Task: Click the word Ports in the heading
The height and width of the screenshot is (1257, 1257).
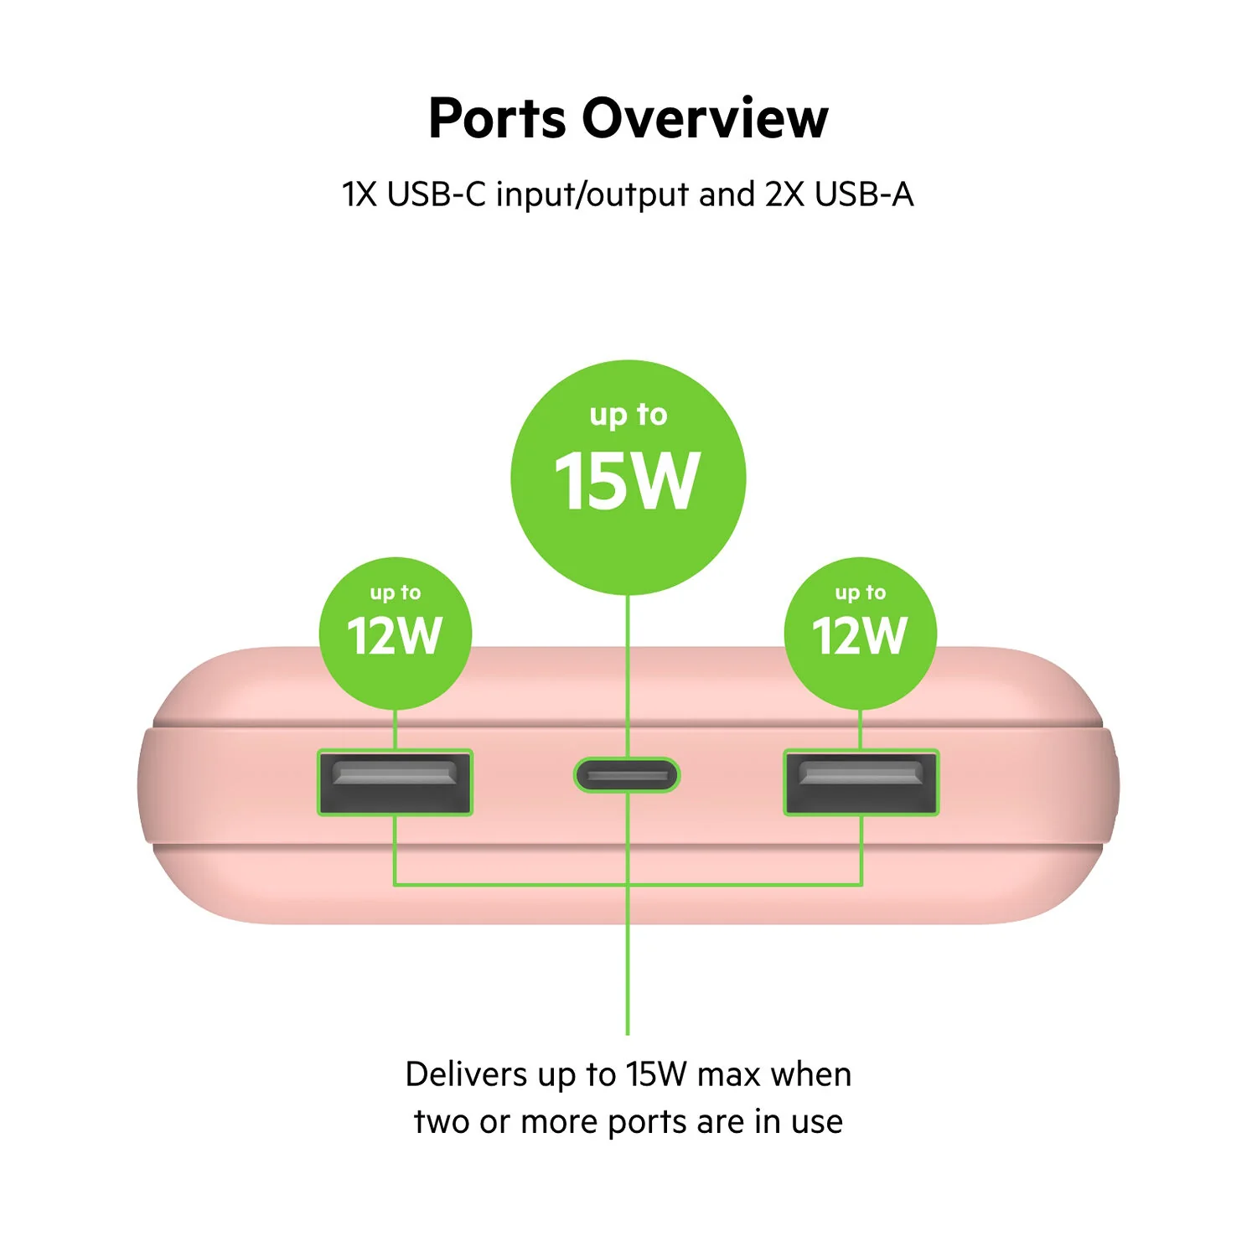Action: pos(497,118)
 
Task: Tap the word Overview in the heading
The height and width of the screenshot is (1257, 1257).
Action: pos(705,118)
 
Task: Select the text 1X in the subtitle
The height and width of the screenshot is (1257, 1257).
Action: pos(360,194)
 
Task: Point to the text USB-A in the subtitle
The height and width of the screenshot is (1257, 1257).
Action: pos(864,194)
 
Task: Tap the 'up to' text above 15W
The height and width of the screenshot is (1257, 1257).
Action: pos(628,415)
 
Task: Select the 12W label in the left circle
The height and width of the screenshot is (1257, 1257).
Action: pos(394,635)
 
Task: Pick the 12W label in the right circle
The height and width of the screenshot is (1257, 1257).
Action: pos(860,635)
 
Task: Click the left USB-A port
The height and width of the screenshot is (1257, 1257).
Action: pos(395,783)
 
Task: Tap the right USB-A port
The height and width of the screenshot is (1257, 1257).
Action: pos(861,783)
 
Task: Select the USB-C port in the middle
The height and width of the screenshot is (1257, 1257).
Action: pos(627,775)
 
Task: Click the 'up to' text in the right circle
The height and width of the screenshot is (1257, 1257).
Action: pos(860,593)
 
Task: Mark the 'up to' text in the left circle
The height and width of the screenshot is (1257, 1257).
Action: pos(395,593)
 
